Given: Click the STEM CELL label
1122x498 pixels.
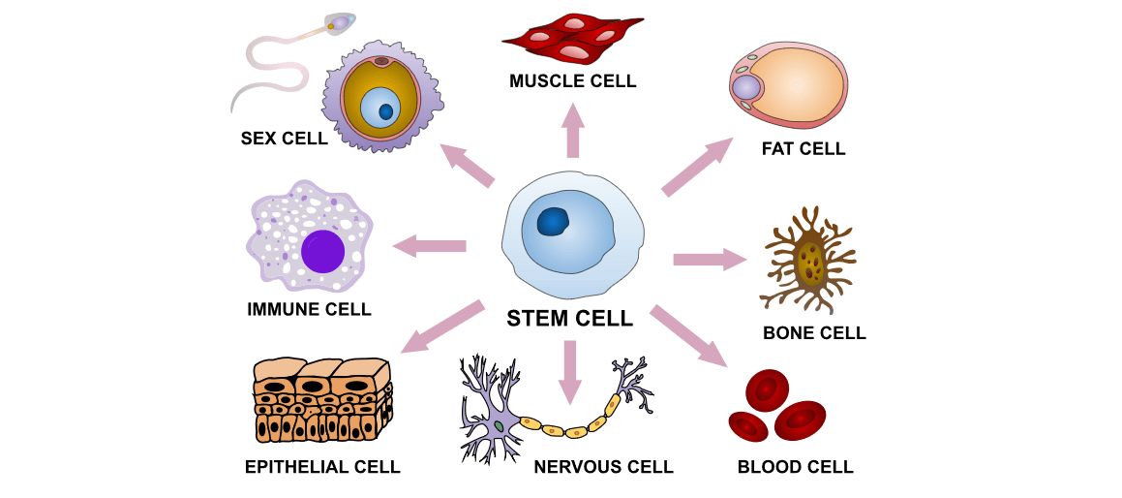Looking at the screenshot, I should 570,318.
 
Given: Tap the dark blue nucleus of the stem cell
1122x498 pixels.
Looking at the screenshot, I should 555,223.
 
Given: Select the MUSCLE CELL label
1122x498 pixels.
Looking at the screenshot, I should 573,81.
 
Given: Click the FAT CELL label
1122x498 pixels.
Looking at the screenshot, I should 804,149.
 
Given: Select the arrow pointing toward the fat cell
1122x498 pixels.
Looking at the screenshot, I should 697,166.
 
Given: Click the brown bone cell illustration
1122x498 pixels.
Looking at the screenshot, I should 809,259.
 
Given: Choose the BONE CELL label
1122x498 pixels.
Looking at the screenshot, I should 814,333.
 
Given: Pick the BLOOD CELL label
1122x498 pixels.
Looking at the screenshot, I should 796,467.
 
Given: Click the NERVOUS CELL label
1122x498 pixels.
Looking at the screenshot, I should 603,467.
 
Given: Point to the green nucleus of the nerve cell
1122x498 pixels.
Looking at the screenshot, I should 498,425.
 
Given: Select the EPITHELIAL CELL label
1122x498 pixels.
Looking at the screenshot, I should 322,467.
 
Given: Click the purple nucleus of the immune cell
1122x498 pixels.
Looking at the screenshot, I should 322,251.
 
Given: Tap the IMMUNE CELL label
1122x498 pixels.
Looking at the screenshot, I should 309,310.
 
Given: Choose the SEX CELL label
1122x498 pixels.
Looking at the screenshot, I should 284,139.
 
